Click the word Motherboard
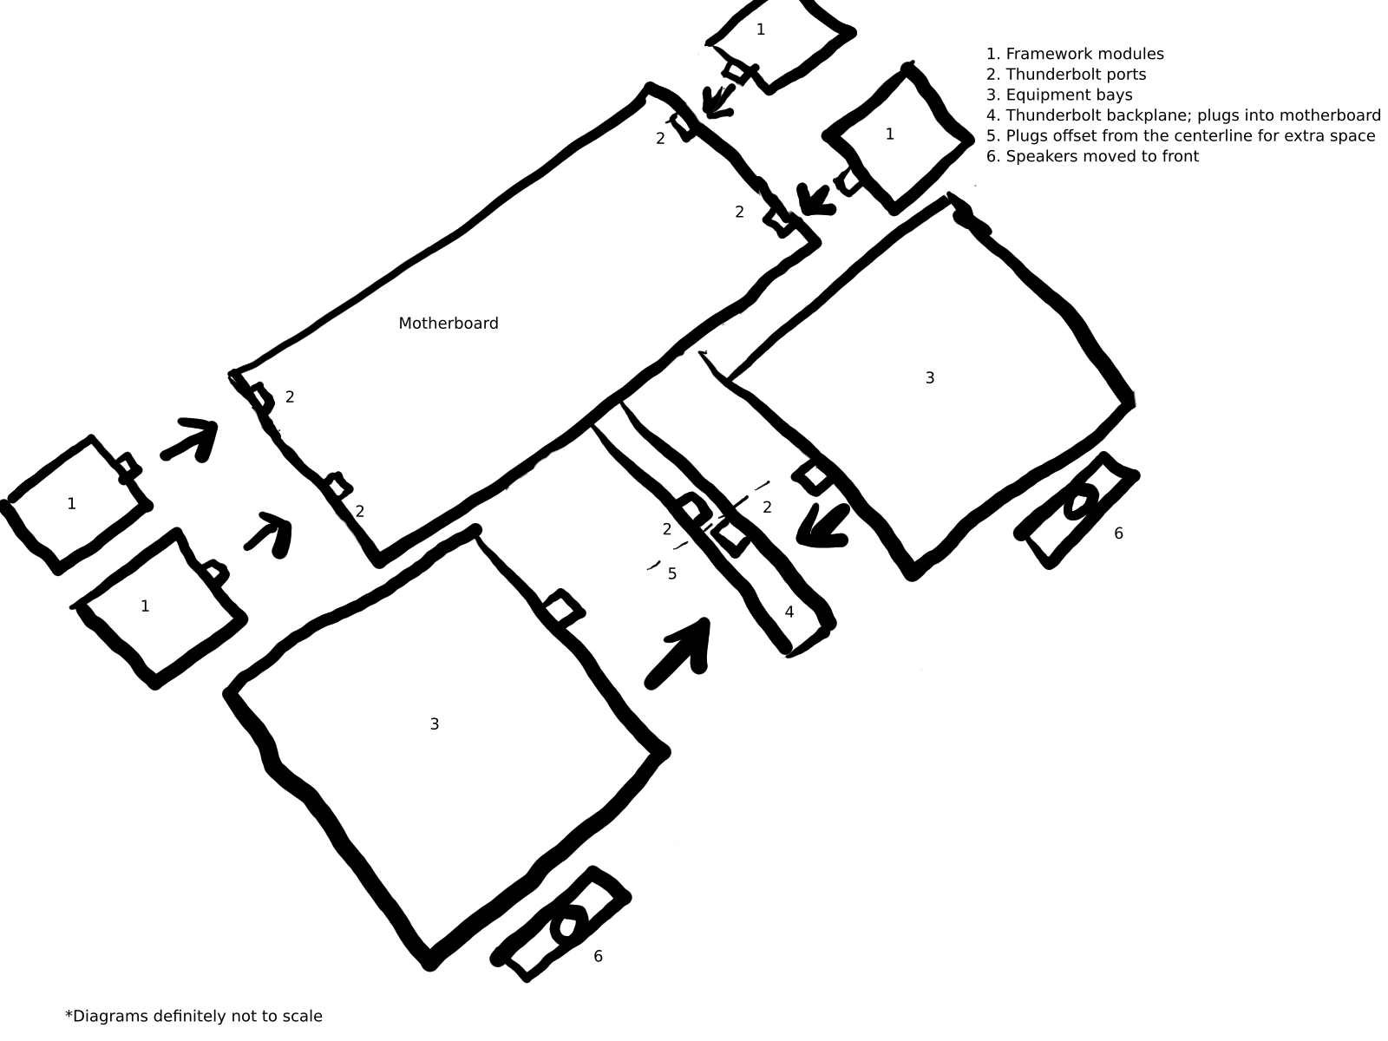click(x=448, y=324)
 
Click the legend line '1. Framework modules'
click(x=1075, y=54)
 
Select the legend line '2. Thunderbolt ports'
click(x=1066, y=75)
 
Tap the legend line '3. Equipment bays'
click(x=1059, y=95)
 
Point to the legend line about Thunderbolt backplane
click(x=1183, y=115)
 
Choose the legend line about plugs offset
click(x=1181, y=136)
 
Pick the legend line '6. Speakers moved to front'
click(x=1092, y=156)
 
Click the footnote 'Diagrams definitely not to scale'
click(x=193, y=1017)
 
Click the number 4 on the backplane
click(x=789, y=612)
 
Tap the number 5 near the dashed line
click(x=672, y=574)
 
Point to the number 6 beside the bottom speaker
click(x=598, y=956)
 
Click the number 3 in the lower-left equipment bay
click(x=435, y=724)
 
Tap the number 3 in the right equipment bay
click(x=930, y=378)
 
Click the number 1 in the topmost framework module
click(x=761, y=29)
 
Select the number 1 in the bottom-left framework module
click(x=145, y=606)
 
